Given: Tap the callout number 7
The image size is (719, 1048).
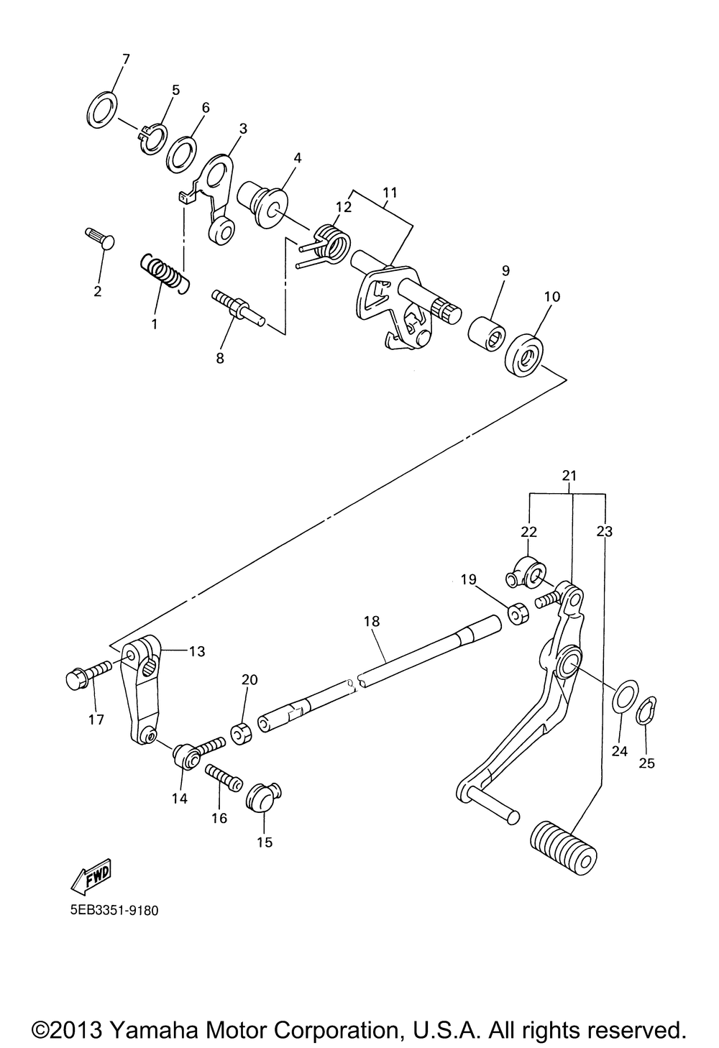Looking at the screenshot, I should (126, 59).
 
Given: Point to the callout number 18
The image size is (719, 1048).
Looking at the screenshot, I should (372, 620).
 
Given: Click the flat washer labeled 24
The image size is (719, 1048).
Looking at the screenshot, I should (623, 694).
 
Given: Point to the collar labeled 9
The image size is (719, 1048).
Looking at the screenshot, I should (487, 332).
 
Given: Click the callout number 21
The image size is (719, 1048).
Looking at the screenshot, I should (569, 475).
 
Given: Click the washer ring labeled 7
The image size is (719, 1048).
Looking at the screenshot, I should (103, 109).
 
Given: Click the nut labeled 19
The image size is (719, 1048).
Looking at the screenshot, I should (517, 614).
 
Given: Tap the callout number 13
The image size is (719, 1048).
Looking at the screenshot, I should (196, 651).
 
